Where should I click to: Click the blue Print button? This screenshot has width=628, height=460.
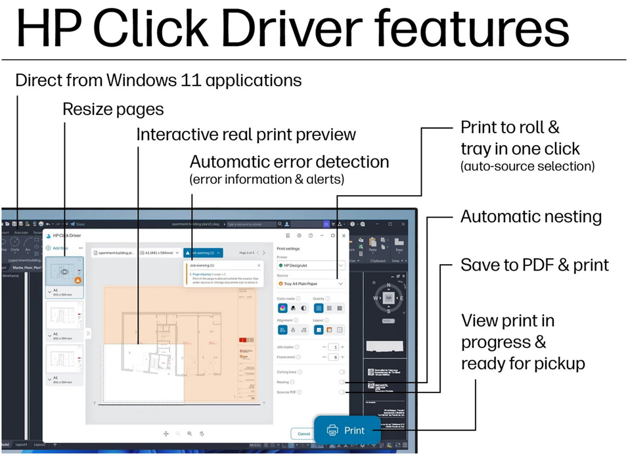pos(347,430)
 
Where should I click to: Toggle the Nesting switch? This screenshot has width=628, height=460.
pos(342,381)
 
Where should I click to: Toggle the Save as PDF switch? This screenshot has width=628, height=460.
pos(342,392)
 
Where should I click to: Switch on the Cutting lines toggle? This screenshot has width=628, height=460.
pos(342,371)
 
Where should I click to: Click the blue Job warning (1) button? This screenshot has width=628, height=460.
pos(204,252)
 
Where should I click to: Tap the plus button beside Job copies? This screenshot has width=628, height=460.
pos(342,346)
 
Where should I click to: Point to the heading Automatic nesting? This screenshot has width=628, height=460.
pos(531,216)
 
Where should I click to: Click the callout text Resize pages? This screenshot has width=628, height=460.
pos(113,108)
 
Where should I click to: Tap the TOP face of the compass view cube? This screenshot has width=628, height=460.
pos(390,296)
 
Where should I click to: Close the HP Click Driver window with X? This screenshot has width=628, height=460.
pos(344,235)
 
